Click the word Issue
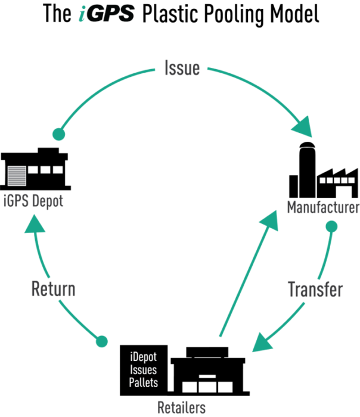(x=182, y=69)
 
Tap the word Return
(x=53, y=290)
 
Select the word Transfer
(x=315, y=290)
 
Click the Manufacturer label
(x=322, y=208)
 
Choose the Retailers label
(x=182, y=407)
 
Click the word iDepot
(x=144, y=357)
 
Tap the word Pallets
(x=144, y=382)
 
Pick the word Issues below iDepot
(x=144, y=369)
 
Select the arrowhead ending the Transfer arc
(x=262, y=344)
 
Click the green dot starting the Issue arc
(x=58, y=134)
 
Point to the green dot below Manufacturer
(x=331, y=227)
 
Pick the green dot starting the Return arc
(x=102, y=341)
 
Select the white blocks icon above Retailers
(x=207, y=384)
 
